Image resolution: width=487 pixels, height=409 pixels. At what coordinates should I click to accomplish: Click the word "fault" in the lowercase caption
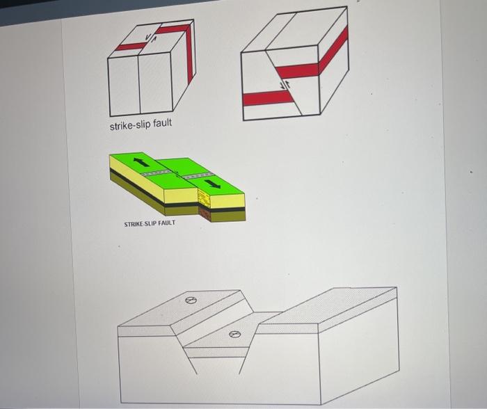coord(162,125)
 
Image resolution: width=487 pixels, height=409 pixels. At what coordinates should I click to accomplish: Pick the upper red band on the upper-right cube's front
coord(298,70)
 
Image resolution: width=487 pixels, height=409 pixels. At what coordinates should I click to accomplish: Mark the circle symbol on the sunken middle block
coord(234,335)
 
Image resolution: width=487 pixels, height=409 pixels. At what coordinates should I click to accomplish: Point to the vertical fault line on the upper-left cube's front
coord(138,83)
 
